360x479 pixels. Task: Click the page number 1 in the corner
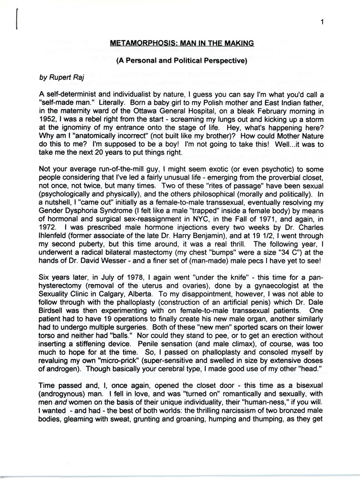click(324, 22)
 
